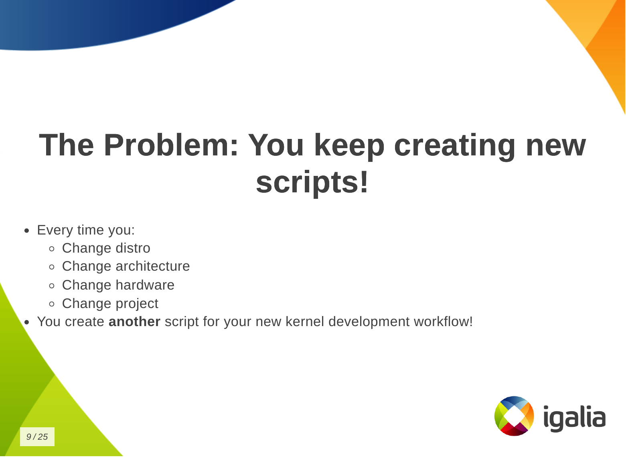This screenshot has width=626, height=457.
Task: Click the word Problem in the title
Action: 171,145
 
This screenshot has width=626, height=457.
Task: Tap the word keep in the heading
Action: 349,147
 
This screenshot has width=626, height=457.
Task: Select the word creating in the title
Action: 454,147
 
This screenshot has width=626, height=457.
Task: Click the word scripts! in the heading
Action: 312,183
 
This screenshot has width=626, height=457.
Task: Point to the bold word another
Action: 134,321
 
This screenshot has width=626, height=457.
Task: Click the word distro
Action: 133,248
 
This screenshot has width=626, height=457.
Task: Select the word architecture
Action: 152,266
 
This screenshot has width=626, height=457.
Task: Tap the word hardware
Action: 145,285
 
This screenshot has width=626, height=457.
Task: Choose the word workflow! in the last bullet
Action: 443,321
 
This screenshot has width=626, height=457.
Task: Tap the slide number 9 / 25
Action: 37,437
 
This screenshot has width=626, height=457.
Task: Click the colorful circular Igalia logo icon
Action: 514,416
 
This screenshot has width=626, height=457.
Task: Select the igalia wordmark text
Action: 575,418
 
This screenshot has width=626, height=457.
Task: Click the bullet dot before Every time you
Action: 27,231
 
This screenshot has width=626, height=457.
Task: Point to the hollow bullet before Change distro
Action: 52,249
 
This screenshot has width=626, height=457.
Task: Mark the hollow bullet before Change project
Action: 52,304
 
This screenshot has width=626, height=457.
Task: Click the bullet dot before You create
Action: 27,322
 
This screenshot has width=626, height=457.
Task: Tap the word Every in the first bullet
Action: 55,231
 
